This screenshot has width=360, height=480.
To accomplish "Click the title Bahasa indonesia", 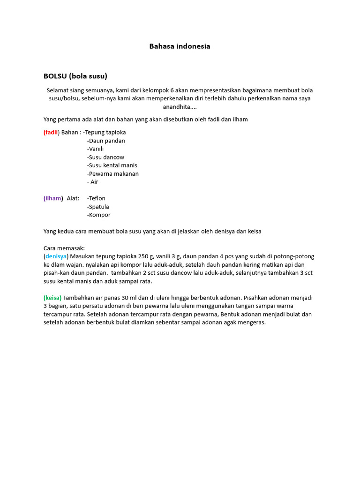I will pyautogui.click(x=180, y=46).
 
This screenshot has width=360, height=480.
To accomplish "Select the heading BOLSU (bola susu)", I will pyautogui.click(x=75, y=76).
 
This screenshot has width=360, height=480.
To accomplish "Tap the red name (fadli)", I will pyautogui.click(x=52, y=132).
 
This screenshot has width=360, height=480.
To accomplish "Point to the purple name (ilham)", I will pyautogui.click(x=53, y=198).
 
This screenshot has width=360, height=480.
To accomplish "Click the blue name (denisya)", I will pyautogui.click(x=56, y=256).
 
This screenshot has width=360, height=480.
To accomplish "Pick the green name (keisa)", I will pyautogui.click(x=52, y=298).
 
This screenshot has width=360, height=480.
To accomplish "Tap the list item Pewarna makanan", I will pyautogui.click(x=113, y=173).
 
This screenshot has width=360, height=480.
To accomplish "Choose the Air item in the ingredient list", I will pyautogui.click(x=93, y=182).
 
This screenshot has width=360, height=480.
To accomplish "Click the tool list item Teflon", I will pyautogui.click(x=96, y=198).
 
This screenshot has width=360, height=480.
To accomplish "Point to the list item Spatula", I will pyautogui.click(x=98, y=207).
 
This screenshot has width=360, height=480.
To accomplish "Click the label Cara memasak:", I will pyautogui.click(x=64, y=248).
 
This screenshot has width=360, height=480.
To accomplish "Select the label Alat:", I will pyautogui.click(x=73, y=198).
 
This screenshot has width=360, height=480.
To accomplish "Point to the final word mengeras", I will pyautogui.click(x=251, y=322).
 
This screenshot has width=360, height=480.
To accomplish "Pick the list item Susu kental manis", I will pyautogui.click(x=112, y=165).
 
